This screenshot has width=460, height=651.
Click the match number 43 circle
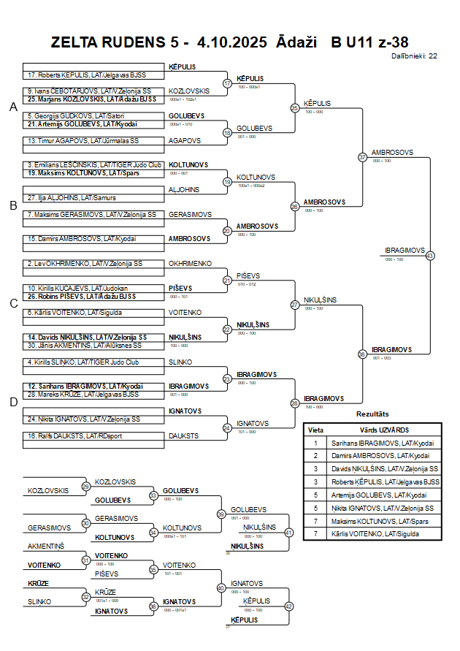click(430, 256)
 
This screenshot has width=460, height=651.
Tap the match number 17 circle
click(227, 83)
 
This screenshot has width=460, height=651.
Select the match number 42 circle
click(288, 606)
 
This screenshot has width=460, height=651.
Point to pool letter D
click(13, 401)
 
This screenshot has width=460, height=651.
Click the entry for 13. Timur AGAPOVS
click(62, 140)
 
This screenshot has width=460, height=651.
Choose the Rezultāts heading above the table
click(372, 414)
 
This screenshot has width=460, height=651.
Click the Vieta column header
click(315, 430)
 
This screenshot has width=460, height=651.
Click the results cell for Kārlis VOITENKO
click(375, 534)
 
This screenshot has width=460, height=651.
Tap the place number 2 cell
click(315, 456)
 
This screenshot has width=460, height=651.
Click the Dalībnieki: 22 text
click(414, 56)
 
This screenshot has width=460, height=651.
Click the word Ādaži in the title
click(297, 42)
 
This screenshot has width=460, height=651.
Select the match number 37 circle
click(362, 157)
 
